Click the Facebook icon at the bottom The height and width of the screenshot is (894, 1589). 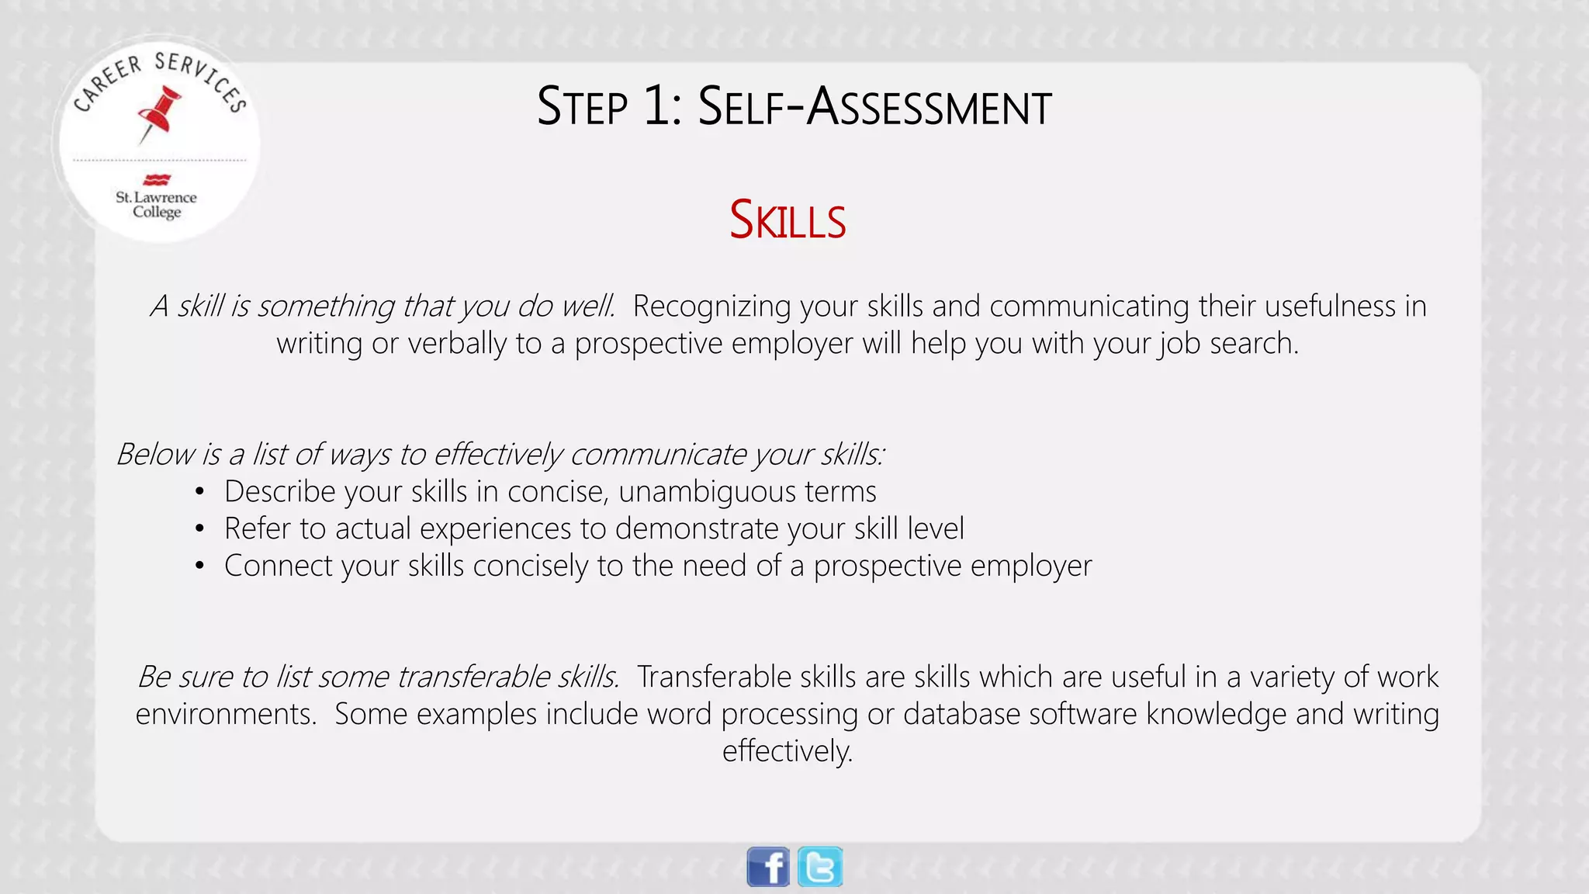click(768, 867)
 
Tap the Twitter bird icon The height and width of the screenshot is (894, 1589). click(820, 867)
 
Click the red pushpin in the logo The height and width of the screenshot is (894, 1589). click(161, 113)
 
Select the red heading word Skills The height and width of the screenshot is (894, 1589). click(788, 220)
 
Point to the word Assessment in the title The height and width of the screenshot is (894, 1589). click(929, 106)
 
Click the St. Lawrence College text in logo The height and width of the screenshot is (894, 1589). click(157, 204)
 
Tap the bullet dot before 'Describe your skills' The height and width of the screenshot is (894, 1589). click(200, 492)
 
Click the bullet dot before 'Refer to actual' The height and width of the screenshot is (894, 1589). click(200, 529)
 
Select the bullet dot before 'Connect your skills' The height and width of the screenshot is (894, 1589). click(200, 567)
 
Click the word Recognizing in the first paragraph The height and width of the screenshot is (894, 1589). click(711, 307)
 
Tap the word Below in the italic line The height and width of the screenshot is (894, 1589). click(155, 454)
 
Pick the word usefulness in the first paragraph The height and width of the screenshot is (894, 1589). click(1331, 307)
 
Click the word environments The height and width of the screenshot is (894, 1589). click(226, 714)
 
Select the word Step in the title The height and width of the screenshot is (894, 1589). click(582, 106)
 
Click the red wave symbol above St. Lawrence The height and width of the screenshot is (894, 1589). click(157, 180)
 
